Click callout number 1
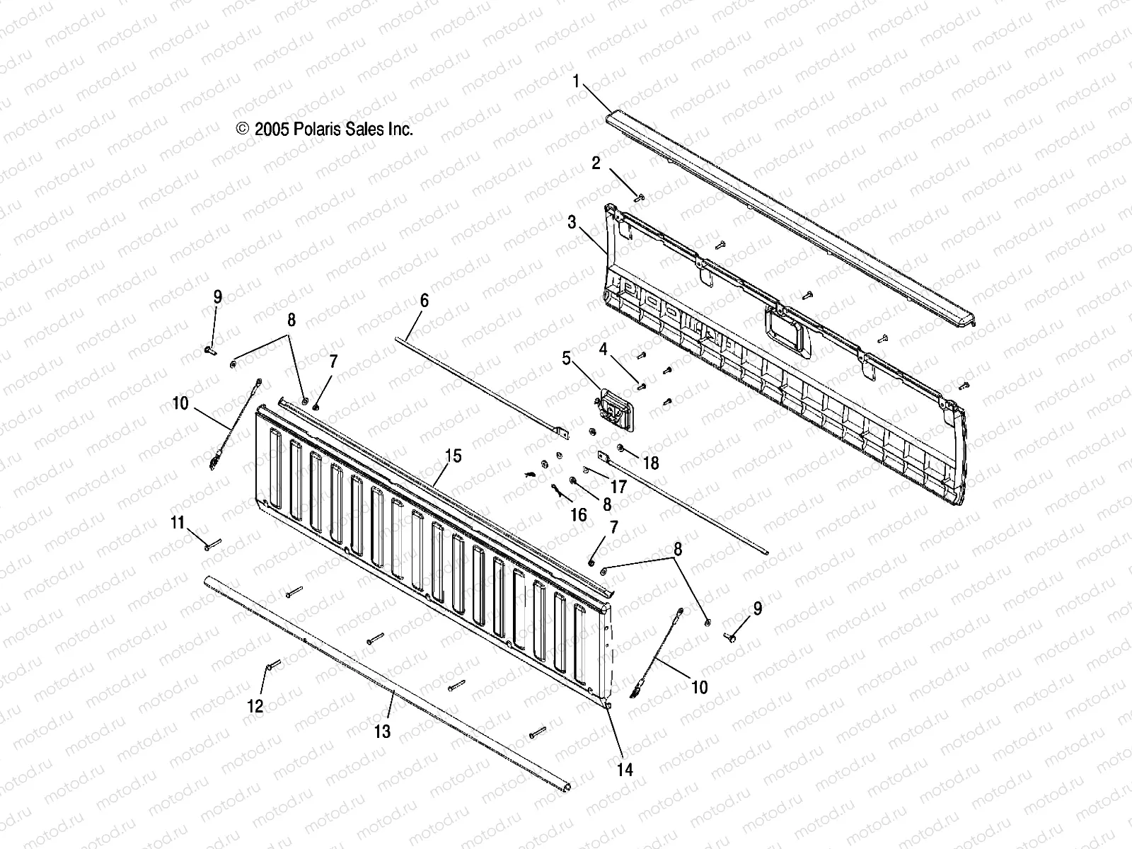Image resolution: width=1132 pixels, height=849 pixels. coord(576,81)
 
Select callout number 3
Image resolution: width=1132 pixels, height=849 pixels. coord(572,224)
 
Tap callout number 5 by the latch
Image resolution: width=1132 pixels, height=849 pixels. coord(566,359)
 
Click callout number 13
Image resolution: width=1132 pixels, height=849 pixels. coord(382,731)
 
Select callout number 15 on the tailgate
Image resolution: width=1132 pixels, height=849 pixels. coord(453,456)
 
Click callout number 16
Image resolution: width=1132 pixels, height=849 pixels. coord(578,514)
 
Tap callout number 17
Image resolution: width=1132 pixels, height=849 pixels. coord(618,487)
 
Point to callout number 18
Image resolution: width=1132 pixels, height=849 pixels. coord(650,463)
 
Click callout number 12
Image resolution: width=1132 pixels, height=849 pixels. coord(255,705)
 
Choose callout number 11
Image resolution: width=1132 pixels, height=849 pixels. coord(177,523)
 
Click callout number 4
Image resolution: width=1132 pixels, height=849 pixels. coord(603,349)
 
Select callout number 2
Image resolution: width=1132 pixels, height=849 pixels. coord(596,164)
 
